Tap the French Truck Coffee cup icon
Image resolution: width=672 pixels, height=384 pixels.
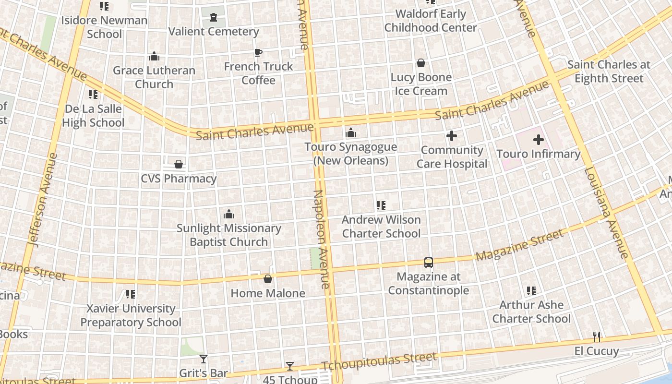pyautogui.click(x=258, y=52)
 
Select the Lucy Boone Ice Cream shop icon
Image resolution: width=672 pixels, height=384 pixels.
pyautogui.click(x=421, y=63)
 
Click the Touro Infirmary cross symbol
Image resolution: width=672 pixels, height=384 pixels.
pyautogui.click(x=539, y=140)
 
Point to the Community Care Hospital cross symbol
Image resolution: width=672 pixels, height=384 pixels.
pyautogui.click(x=452, y=136)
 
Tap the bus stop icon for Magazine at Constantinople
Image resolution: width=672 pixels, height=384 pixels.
pyautogui.click(x=429, y=263)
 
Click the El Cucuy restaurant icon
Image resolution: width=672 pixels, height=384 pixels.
pyautogui.click(x=597, y=336)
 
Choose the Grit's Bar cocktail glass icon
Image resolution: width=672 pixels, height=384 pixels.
pyautogui.click(x=204, y=359)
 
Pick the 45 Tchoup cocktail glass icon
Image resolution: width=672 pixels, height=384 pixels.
pyautogui.click(x=290, y=366)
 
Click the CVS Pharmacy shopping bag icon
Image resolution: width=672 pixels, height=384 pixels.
pyautogui.click(x=179, y=165)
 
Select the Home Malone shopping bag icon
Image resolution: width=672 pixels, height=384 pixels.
pyautogui.click(x=268, y=279)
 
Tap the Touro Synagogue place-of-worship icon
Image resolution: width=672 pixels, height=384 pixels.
pyautogui.click(x=351, y=132)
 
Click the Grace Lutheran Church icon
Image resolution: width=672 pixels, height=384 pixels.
pyautogui.click(x=154, y=56)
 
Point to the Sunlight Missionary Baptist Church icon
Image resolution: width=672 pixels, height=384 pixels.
pyautogui.click(x=229, y=214)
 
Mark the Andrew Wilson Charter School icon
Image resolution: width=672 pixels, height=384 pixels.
pyautogui.click(x=381, y=205)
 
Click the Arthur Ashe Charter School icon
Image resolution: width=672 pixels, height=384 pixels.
pyautogui.click(x=531, y=290)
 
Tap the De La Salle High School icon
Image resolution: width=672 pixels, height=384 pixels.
pyautogui.click(x=93, y=95)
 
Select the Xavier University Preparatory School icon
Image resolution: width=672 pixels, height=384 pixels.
pyautogui.click(x=130, y=294)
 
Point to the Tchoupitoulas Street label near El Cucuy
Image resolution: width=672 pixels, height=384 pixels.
pyautogui.click(x=379, y=362)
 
